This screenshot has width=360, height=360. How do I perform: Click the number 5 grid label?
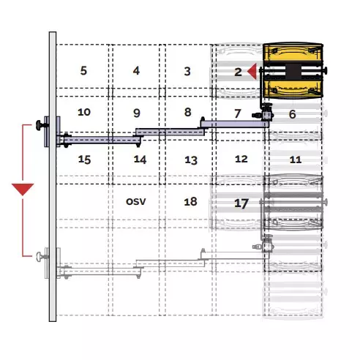pyautogui.click(x=83, y=71)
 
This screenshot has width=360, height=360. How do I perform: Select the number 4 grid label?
pyautogui.click(x=136, y=71)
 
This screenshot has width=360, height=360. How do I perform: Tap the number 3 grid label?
pyautogui.click(x=187, y=71)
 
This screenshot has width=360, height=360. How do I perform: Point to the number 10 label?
pyautogui.click(x=84, y=112)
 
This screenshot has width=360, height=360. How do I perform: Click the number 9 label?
pyautogui.click(x=137, y=113)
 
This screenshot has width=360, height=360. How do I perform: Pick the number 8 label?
pyautogui.click(x=188, y=112)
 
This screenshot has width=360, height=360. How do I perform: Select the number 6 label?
pyautogui.click(x=292, y=114)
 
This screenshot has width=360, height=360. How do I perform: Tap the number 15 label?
pyautogui.click(x=84, y=160)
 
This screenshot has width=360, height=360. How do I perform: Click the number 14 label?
pyautogui.click(x=140, y=160)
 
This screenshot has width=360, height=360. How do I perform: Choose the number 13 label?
pyautogui.click(x=191, y=160)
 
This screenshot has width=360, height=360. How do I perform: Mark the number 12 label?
pyautogui.click(x=241, y=159)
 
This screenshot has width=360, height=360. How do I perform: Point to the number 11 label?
pyautogui.click(x=296, y=160)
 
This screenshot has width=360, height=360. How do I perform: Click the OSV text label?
pyautogui.click(x=136, y=202)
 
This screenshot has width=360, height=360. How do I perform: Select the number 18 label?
pyautogui.click(x=190, y=202)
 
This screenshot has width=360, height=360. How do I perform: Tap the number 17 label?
pyautogui.click(x=241, y=203)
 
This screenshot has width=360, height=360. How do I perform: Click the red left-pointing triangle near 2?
pyautogui.click(x=252, y=72)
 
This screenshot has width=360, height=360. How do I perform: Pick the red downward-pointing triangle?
pyautogui.click(x=23, y=190)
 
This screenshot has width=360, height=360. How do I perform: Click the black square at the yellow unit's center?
pyautogui.click(x=293, y=71)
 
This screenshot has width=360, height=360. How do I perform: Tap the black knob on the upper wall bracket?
pyautogui.click(x=39, y=125)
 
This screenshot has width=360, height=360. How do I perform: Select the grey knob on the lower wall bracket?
pyautogui.click(x=39, y=256)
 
